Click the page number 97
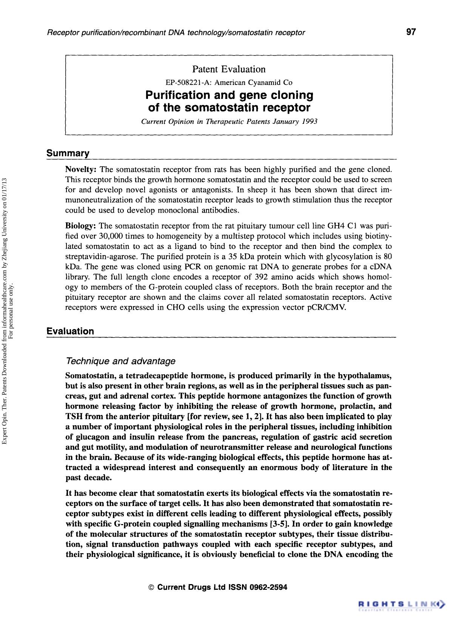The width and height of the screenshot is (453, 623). [x=411, y=32]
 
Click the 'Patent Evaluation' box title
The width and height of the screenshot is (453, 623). [x=229, y=69]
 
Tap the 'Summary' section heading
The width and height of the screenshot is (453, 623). [x=68, y=153]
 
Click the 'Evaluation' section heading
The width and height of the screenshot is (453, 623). [x=70, y=331]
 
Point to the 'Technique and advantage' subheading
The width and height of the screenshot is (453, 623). [x=120, y=361]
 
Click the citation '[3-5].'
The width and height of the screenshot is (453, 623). [x=279, y=524]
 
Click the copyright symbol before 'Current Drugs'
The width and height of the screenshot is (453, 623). [x=151, y=588]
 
